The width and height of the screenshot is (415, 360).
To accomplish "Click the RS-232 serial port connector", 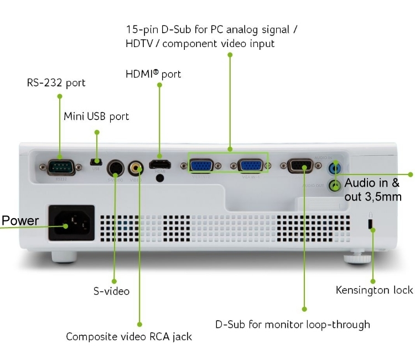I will pos(59,166).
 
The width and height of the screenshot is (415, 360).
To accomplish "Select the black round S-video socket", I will pos(115,167).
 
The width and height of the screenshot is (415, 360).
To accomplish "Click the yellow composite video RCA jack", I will pos(136,166).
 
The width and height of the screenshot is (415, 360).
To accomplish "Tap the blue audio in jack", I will pos(335,167).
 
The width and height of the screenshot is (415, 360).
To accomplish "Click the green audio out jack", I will pos(334,186).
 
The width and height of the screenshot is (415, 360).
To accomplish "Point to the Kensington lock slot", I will pos(371,223).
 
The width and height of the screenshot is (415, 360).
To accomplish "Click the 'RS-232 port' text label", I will pos(56,83).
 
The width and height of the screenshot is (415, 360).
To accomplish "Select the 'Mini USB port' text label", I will pos(96,116).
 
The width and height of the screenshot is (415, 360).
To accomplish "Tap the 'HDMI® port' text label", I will pos(154,74).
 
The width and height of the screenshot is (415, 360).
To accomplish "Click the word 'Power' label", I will pos(20,221).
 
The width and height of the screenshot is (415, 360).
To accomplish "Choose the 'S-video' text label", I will pos(111,291).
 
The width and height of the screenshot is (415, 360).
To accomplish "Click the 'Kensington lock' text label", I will pos(374,290).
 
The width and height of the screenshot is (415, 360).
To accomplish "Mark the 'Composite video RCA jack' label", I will pos(129,336).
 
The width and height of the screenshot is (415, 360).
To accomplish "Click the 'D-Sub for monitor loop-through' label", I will pos(292,324).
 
